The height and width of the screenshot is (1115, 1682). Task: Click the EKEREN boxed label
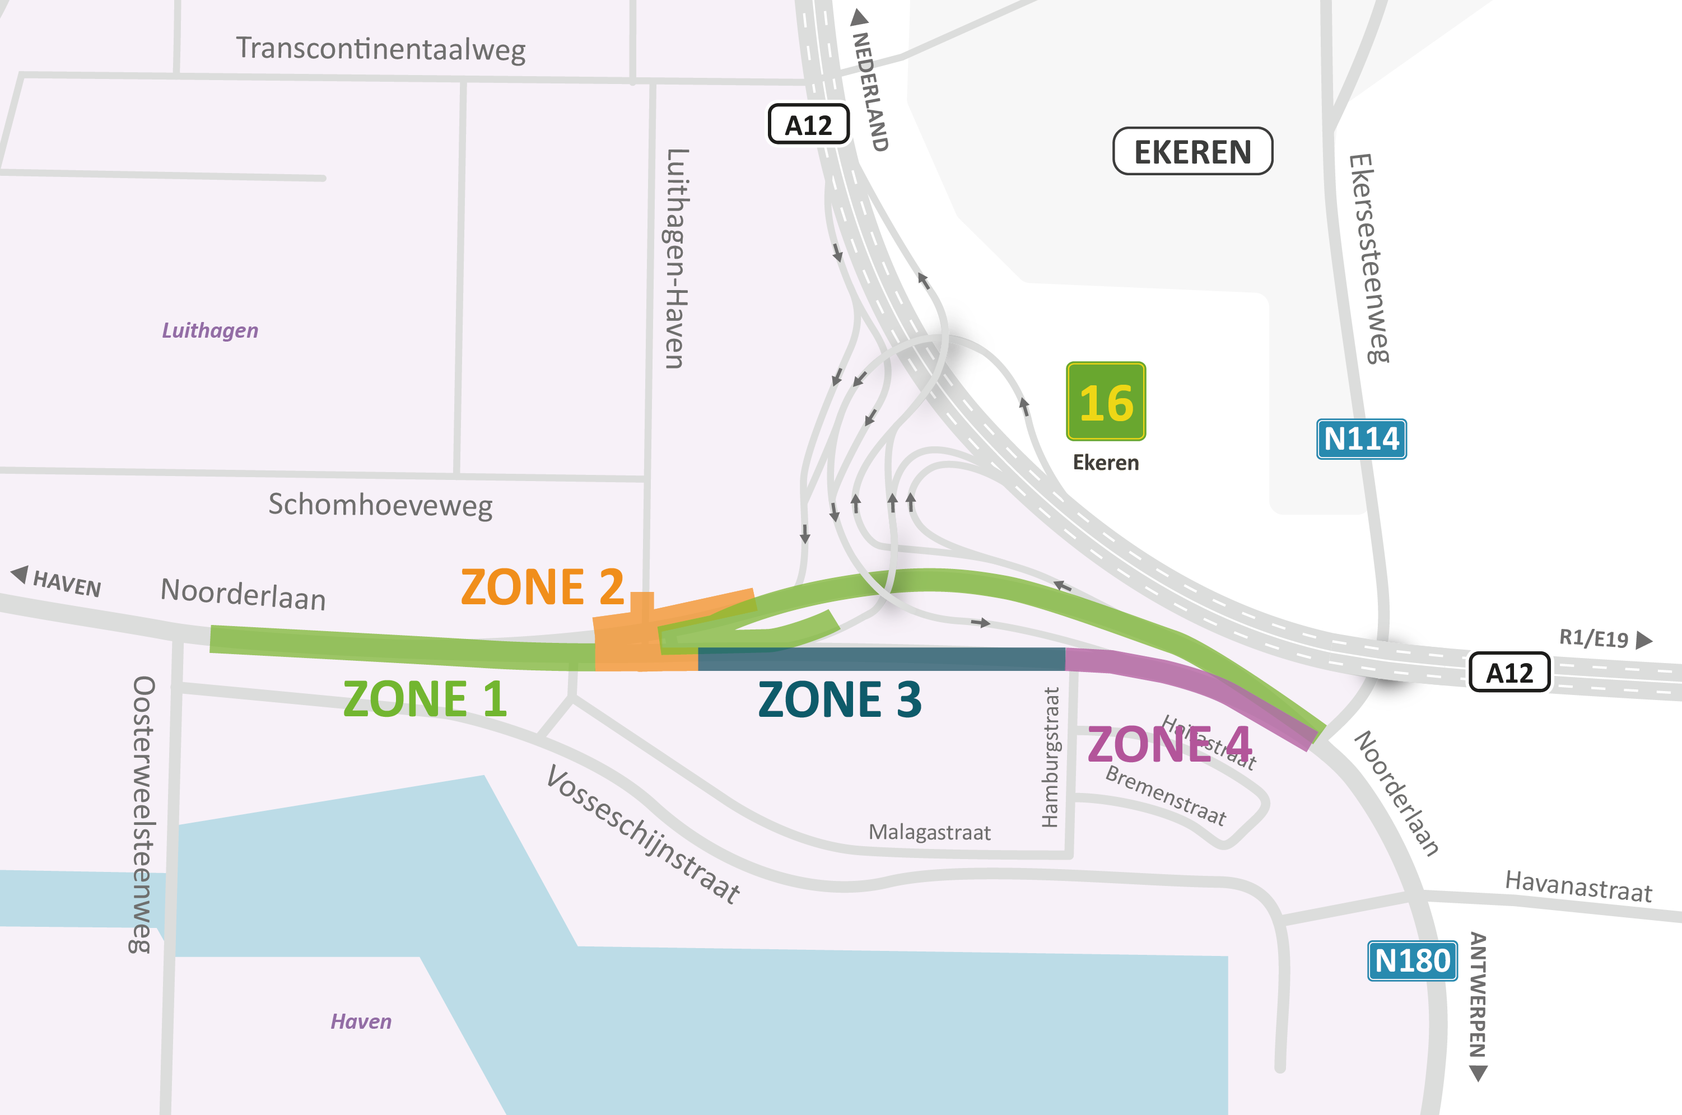[1192, 151]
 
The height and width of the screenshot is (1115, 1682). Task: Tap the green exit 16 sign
[1106, 401]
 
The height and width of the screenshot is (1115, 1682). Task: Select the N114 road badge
[1361, 438]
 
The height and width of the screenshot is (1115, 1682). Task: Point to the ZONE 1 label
[425, 698]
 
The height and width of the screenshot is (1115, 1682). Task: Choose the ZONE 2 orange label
[542, 587]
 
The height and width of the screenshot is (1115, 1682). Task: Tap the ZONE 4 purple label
[1169, 744]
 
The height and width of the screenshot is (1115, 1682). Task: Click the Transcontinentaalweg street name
[380, 49]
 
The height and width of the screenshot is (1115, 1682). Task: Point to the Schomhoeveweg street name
[380, 505]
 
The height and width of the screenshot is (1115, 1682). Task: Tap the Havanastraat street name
[1578, 886]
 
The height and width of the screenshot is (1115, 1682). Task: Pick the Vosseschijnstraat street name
[643, 833]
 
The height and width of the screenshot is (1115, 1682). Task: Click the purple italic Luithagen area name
[210, 330]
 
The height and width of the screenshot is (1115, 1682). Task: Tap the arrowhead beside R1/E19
[1643, 640]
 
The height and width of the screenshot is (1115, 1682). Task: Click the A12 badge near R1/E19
[1509, 672]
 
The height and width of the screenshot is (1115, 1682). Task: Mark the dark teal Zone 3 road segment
[882, 659]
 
